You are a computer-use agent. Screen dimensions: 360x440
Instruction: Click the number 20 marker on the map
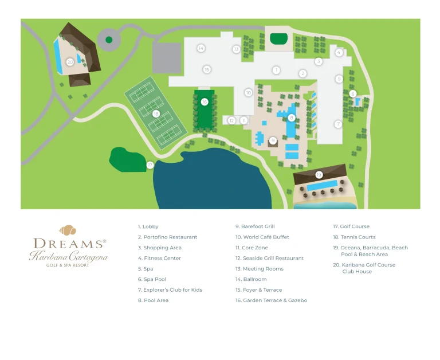pos(70,61)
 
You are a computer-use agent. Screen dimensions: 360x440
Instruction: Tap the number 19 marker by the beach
pos(319,175)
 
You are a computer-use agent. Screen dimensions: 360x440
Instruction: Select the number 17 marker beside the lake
pos(150,165)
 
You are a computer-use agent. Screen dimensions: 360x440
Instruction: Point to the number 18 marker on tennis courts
pos(156,114)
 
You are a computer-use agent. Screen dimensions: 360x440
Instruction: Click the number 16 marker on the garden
pos(205,102)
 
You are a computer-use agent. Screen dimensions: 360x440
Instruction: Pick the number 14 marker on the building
pos(201,48)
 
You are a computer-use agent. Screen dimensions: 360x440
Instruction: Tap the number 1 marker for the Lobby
pos(276,71)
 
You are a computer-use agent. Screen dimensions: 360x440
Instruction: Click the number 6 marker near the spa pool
pos(353,93)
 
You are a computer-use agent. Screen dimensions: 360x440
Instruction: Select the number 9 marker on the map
pos(273,140)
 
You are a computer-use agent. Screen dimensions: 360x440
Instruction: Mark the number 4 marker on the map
pos(339,53)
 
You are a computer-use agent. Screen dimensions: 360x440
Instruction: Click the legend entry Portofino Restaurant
pos(167,237)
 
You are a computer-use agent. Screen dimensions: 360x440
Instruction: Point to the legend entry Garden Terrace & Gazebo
pos(274,300)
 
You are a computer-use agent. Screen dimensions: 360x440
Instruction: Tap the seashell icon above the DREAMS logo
pos(68,230)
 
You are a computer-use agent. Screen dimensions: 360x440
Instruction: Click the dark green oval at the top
pos(279,39)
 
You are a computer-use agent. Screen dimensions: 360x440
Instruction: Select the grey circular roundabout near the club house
pos(108,40)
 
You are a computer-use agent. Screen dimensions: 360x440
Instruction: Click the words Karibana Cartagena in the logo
pos(69,256)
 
